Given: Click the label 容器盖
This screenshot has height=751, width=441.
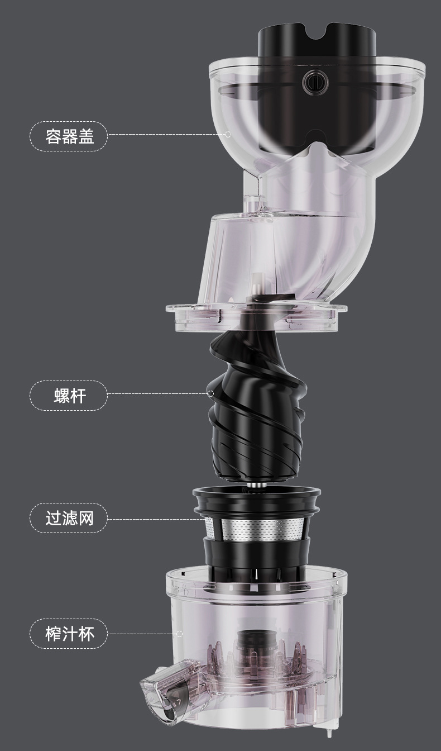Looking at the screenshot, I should tap(69, 135).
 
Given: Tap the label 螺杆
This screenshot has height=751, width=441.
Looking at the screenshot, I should tap(69, 395).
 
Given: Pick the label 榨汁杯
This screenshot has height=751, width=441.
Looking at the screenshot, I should tap(69, 633).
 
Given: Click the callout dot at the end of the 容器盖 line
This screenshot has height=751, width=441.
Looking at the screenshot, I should tap(227, 134).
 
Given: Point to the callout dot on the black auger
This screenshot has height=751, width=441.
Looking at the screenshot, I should tap(210, 393).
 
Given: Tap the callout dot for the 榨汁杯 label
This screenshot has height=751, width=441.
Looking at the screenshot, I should tap(179, 634).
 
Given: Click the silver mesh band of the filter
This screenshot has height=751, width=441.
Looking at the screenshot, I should tap(257, 529).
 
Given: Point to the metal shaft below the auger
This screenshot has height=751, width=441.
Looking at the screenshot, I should tap(257, 484).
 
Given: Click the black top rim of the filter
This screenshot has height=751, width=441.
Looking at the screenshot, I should tap(257, 493).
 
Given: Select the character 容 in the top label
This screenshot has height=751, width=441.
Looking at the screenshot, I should tap(54, 135).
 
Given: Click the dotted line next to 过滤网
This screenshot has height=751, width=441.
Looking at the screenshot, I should tap(156, 519).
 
